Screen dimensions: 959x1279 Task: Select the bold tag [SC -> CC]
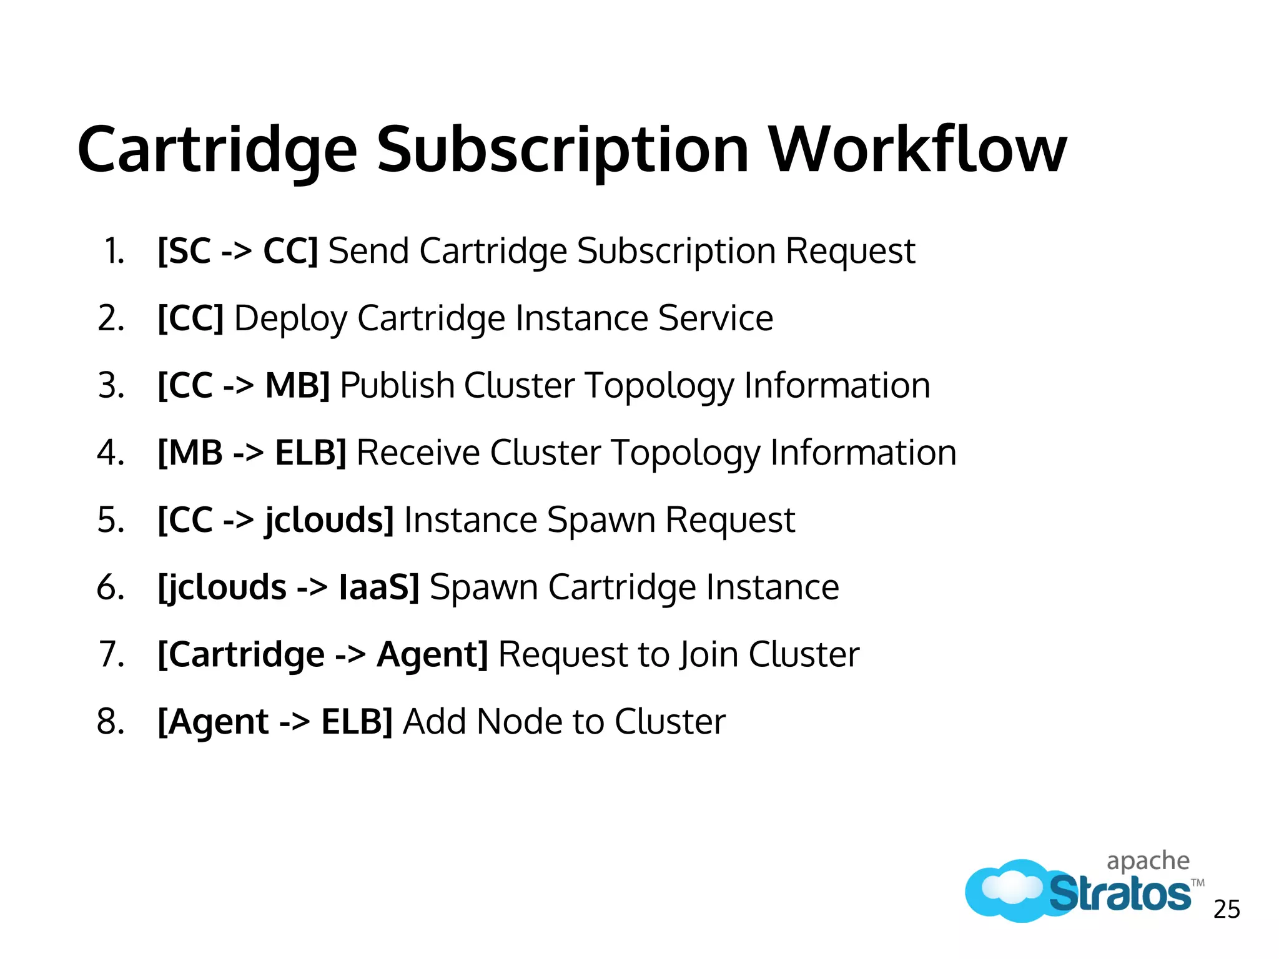tap(238, 251)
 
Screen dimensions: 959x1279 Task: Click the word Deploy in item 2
tap(290, 318)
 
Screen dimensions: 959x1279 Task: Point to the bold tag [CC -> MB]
tap(244, 385)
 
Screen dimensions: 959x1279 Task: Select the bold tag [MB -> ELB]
tap(252, 453)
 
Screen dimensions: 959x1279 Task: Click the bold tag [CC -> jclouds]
tap(275, 520)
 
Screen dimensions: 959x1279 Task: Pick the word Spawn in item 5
tap(601, 520)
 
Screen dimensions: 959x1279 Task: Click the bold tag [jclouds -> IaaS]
tap(289, 588)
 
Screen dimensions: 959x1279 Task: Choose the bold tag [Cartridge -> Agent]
tap(323, 654)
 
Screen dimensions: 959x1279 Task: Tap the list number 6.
tap(110, 588)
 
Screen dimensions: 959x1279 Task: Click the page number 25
tap(1227, 910)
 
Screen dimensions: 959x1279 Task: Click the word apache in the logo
tap(1148, 861)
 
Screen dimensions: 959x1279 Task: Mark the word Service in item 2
tap(716, 318)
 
